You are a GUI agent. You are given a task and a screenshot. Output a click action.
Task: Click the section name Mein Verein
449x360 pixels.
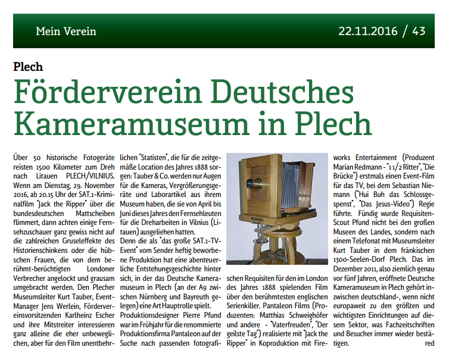(66, 31)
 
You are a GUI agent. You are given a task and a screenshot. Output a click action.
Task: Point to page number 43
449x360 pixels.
(419, 30)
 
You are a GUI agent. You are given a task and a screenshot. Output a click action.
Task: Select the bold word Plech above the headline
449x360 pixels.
(28, 66)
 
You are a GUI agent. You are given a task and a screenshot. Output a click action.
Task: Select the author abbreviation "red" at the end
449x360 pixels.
(429, 343)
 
